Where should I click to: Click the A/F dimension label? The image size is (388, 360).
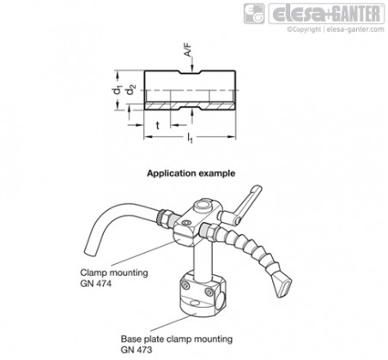coord(188,50)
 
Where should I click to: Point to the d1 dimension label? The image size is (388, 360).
coord(117,90)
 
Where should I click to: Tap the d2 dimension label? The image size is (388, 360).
coord(131,90)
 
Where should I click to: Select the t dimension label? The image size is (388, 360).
coord(158,125)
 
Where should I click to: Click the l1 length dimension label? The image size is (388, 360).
coord(190,138)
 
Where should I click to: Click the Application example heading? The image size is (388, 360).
coord(191,173)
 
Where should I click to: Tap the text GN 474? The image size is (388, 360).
coord(95,284)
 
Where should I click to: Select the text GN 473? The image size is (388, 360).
coord(136,350)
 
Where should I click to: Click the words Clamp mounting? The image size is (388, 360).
coord(114,273)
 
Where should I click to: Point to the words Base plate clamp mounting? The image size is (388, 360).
coord(177,339)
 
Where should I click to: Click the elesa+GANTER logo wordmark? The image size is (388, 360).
coord(326,14)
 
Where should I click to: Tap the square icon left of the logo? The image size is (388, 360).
coord(254,14)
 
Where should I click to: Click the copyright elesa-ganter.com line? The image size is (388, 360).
coord(336,29)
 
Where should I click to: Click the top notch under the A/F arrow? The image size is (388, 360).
coord(191,73)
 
